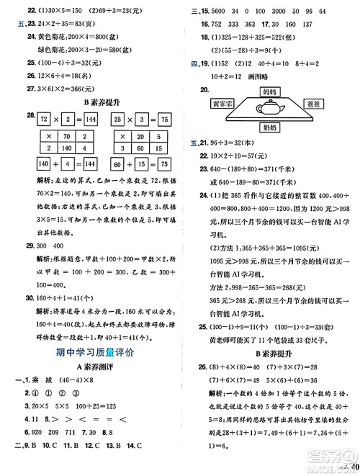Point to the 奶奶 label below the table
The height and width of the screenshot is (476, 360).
270,128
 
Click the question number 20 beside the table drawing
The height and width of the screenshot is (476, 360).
206,89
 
